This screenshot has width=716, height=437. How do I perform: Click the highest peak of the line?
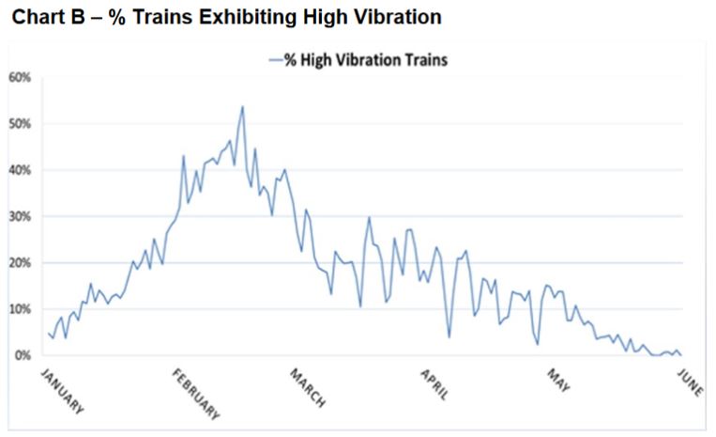[242, 106]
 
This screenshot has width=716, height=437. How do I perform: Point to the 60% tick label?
[21, 77]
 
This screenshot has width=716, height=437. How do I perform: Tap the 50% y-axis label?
[21, 124]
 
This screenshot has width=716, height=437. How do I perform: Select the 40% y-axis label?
[21, 170]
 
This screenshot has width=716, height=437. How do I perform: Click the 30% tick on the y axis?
[21, 216]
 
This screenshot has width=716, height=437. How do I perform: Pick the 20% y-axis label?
[21, 263]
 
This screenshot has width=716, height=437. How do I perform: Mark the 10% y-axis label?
[21, 309]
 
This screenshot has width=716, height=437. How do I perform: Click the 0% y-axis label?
[23, 355]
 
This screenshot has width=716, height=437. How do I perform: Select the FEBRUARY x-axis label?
[196, 395]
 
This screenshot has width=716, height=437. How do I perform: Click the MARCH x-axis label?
[308, 388]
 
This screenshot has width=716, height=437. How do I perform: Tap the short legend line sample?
[275, 59]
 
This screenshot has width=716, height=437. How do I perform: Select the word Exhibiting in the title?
[241, 18]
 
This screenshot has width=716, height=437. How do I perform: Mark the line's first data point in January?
[48, 333]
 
